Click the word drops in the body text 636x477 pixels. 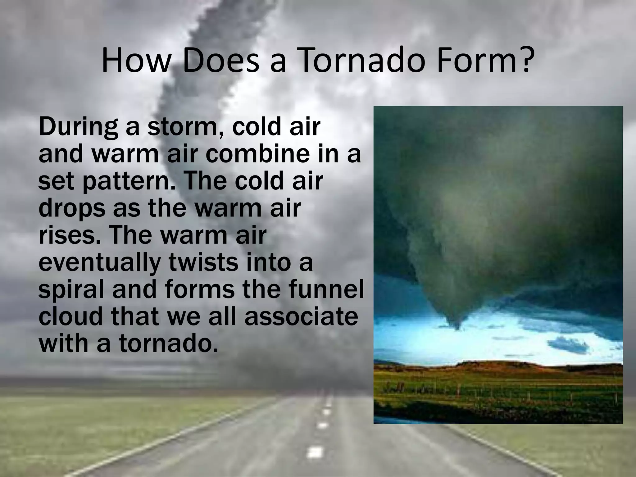[72, 209]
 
